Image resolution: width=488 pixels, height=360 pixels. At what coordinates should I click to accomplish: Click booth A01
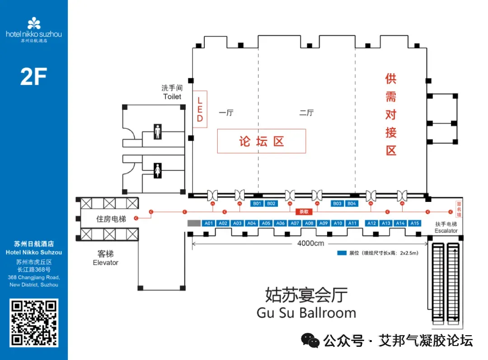[208, 223]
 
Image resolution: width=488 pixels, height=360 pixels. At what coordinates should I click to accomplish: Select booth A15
[414, 223]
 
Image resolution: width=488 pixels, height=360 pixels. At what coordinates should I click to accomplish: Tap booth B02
[271, 204]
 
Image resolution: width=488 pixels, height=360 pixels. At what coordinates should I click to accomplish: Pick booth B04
[352, 204]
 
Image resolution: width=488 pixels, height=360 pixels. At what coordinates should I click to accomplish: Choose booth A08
[309, 223]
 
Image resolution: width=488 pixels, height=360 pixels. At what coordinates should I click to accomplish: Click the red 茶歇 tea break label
[304, 211]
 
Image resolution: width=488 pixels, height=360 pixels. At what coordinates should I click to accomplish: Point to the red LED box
[200, 109]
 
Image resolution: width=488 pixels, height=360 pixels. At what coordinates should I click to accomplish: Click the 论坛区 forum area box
[262, 141]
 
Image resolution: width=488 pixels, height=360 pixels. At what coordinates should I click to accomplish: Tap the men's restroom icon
[157, 132]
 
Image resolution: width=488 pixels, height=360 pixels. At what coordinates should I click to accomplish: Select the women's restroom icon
[157, 170]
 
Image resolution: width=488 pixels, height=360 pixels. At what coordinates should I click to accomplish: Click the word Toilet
[172, 97]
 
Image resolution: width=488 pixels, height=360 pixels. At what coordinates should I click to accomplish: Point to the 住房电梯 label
[111, 219]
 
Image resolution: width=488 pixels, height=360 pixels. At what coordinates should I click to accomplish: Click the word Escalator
[446, 231]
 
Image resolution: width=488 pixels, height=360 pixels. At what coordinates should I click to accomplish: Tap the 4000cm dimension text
[311, 244]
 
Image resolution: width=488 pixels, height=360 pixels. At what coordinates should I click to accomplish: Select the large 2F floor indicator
[33, 77]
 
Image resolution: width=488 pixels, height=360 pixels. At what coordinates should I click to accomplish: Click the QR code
[34, 323]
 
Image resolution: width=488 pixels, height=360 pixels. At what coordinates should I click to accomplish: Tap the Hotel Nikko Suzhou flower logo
[34, 23]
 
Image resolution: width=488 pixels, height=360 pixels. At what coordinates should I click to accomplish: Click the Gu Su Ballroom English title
[306, 313]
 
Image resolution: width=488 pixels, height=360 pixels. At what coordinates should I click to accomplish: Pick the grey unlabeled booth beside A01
[194, 223]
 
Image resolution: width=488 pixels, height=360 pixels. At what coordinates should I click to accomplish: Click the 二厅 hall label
[306, 113]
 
